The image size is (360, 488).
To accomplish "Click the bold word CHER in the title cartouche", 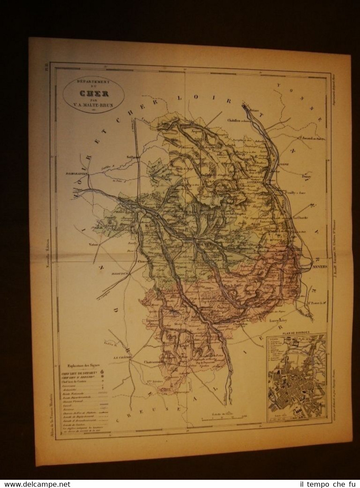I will (x=94, y=93).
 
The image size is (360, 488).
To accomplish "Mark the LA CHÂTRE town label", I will (x=122, y=357).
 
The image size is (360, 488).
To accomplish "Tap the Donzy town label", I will (x=307, y=176).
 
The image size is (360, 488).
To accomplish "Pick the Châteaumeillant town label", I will (x=153, y=362).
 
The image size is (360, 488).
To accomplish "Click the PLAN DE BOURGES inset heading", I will (x=296, y=334).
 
